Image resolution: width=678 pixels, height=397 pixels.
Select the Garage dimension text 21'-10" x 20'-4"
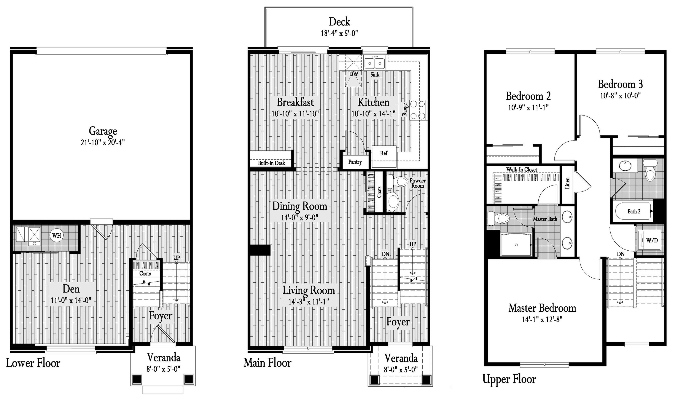[103, 142]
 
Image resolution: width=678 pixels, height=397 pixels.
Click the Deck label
[339, 22]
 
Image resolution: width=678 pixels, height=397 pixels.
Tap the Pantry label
[355, 162]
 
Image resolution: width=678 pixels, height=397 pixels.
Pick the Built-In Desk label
[271, 163]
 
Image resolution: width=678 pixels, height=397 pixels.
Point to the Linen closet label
[567, 183]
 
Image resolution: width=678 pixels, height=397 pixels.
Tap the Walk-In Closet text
[522, 170]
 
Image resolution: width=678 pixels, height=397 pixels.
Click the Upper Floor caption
[509, 379]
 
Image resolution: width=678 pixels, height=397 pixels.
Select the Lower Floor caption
[33, 363]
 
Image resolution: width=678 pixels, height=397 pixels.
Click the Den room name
[71, 289]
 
